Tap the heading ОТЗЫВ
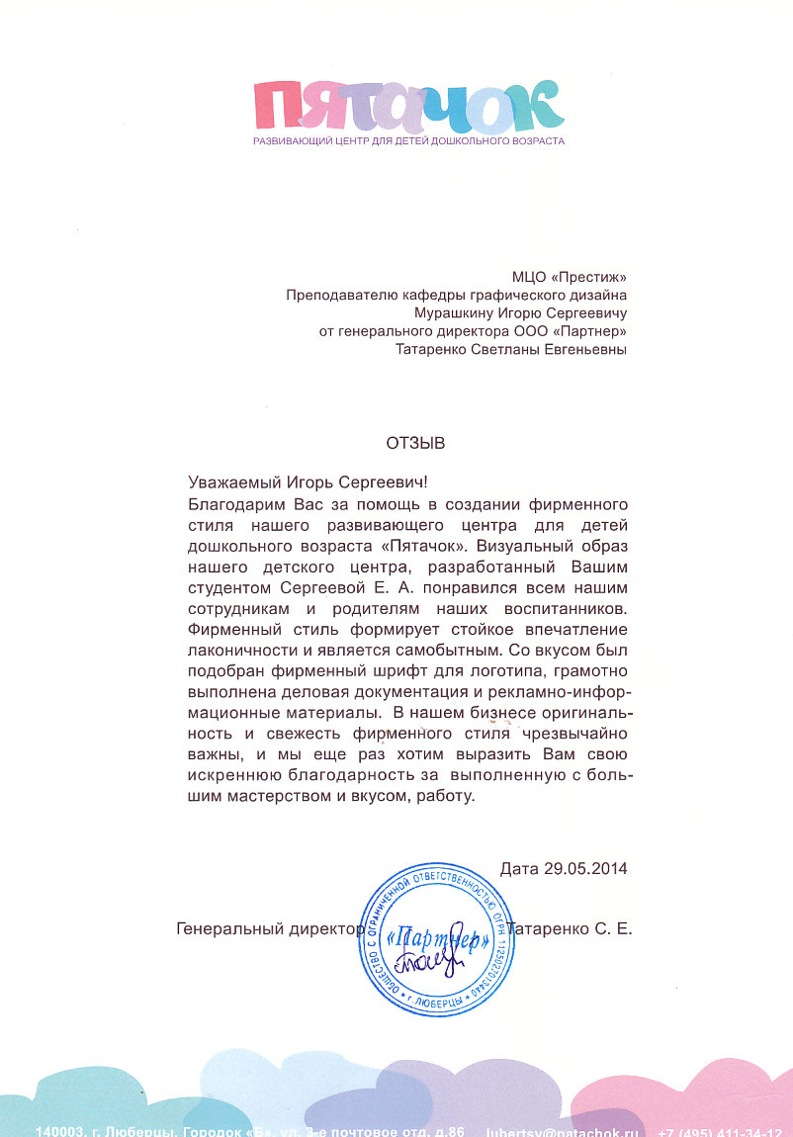(415, 444)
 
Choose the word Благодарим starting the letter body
(231, 504)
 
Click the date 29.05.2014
(585, 869)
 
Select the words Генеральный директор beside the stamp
(267, 929)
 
